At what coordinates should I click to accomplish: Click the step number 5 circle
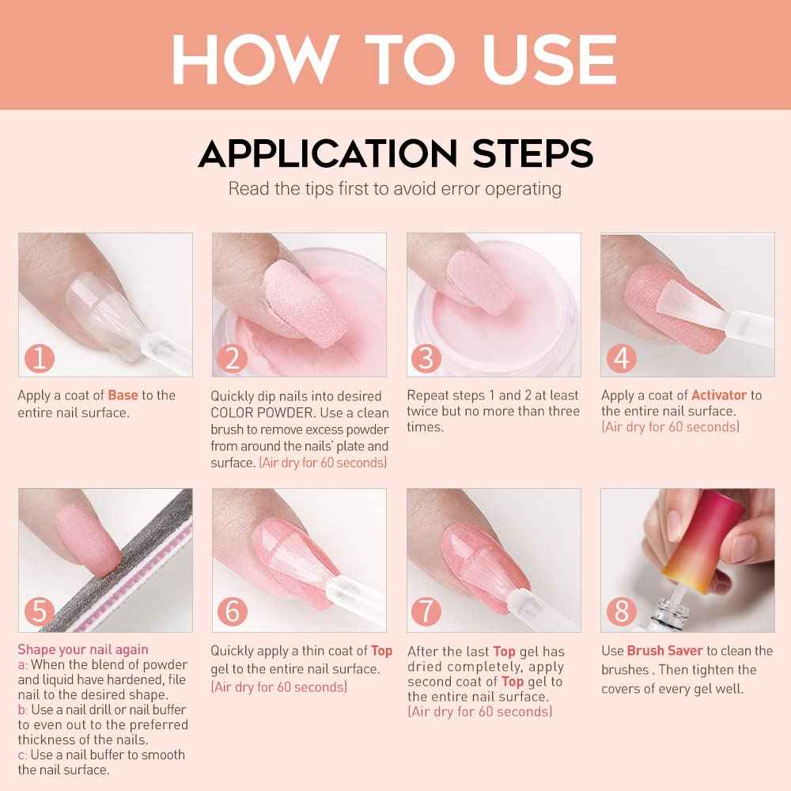point(39,612)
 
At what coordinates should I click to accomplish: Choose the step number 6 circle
point(232,612)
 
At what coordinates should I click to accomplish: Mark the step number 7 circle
point(426,612)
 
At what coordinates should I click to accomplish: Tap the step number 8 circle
point(621,612)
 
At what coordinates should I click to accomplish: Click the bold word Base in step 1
point(123,395)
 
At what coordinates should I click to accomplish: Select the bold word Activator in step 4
point(718,395)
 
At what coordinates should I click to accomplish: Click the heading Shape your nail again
point(83,650)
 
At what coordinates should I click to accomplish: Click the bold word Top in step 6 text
point(382,651)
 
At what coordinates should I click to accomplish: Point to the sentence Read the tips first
point(395,189)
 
